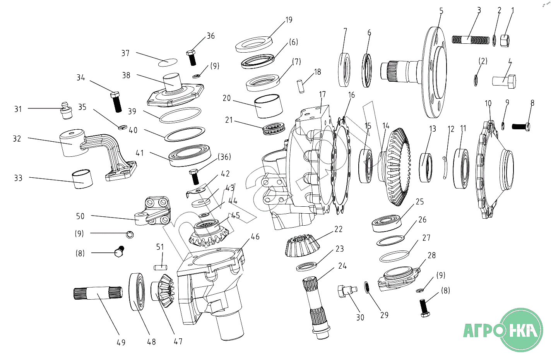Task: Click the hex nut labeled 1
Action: point(505,41)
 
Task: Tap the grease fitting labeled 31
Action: point(65,110)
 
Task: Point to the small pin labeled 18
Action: point(301,86)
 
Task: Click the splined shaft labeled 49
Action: point(98,293)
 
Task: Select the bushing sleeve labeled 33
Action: point(82,179)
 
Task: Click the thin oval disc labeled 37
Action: point(168,62)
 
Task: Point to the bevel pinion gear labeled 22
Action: point(302,246)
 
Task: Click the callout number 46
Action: point(255,237)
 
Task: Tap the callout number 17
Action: point(322,94)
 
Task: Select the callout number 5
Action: point(441,11)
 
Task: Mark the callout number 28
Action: point(432,255)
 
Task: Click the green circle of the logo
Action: point(522,330)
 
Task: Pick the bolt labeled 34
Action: point(116,102)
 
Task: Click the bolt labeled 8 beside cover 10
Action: point(521,127)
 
